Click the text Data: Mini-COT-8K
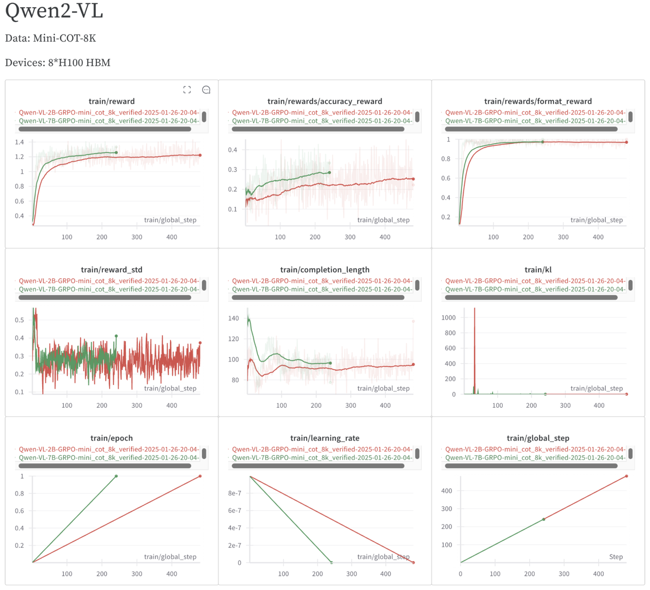[50, 38]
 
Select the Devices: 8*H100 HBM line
[57, 62]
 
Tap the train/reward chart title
[111, 101]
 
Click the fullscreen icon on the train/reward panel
[187, 90]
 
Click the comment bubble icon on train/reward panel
[206, 90]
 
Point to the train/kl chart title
[538, 270]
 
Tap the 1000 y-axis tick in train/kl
[449, 318]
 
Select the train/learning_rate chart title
[324, 438]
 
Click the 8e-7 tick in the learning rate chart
[234, 493]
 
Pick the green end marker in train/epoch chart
[116, 476]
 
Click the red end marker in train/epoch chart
[200, 476]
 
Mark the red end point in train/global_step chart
[627, 476]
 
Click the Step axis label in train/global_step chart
[616, 556]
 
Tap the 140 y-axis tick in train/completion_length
[234, 318]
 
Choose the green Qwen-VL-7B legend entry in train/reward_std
[109, 289]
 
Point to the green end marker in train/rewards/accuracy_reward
[330, 173]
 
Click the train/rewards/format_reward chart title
[538, 101]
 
